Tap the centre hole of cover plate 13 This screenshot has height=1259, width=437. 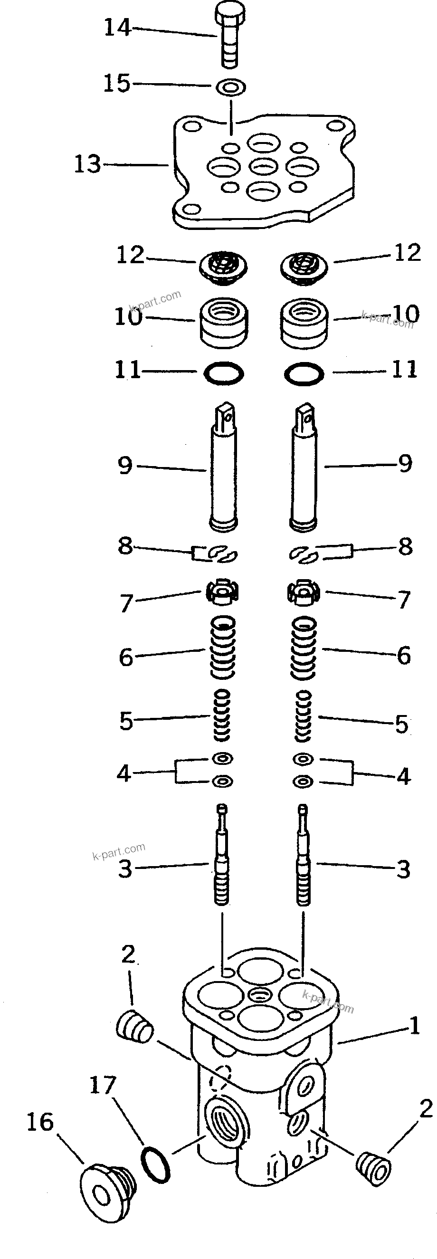click(x=264, y=166)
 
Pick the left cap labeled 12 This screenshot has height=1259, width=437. click(x=223, y=268)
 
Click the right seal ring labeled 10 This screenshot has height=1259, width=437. click(x=304, y=324)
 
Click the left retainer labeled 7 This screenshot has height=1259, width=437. click(x=221, y=593)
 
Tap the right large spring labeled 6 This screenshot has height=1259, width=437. click(x=304, y=648)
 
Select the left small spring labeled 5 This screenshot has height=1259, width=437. click(x=221, y=716)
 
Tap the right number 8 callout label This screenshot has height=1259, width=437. click(x=405, y=546)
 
